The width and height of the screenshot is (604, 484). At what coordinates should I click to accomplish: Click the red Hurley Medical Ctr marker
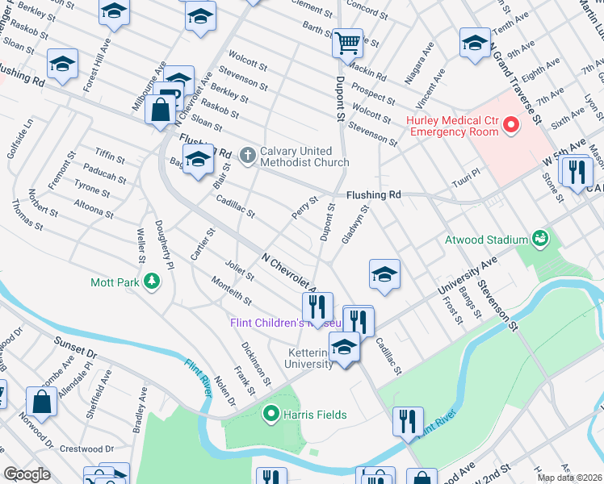pos(510,125)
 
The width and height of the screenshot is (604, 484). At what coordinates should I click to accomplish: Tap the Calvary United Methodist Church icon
pos(248,152)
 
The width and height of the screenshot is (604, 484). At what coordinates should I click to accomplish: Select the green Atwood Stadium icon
pos(539,239)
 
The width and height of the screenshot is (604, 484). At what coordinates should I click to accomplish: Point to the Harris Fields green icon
pos(271,415)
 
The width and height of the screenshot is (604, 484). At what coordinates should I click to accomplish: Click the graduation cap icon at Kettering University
pos(344,347)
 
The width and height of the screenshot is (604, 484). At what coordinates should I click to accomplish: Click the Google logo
pos(27,474)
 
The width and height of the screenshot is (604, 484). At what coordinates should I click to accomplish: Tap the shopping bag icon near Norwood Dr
pos(41,401)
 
